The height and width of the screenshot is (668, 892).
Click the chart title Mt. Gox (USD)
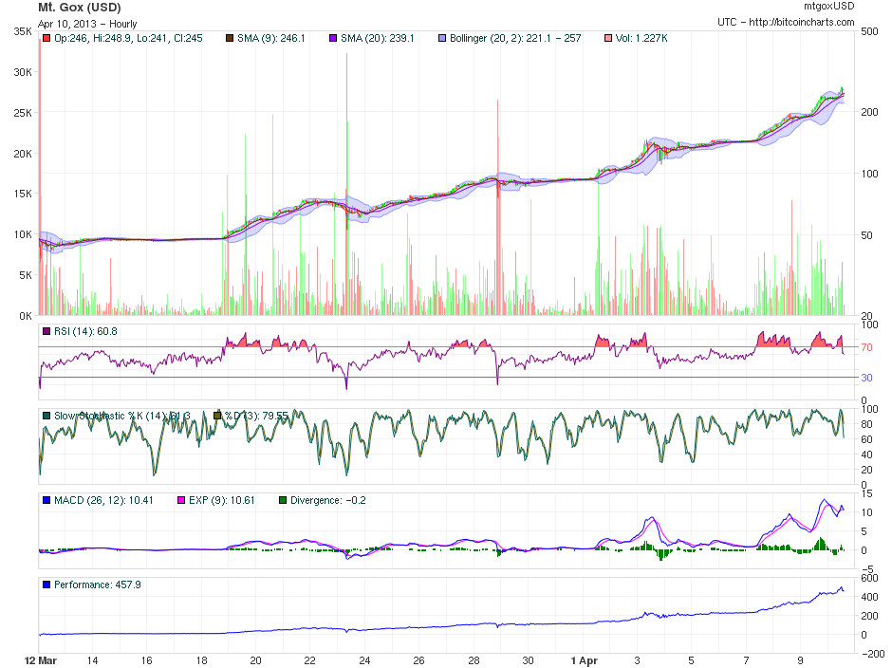pyautogui.click(x=79, y=8)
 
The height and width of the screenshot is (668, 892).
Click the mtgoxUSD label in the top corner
pyautogui.click(x=828, y=6)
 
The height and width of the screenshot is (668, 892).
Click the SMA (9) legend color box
pyautogui.click(x=228, y=39)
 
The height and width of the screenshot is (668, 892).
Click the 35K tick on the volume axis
pyautogui.click(x=22, y=31)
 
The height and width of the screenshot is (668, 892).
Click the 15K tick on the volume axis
pyautogui.click(x=22, y=194)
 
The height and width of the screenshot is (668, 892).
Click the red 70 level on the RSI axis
pyautogui.click(x=865, y=348)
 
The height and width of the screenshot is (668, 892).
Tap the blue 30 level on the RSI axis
pyautogui.click(x=865, y=378)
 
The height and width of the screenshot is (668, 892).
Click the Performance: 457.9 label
pyautogui.click(x=97, y=584)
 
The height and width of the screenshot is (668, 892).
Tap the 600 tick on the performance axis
pyautogui.click(x=868, y=578)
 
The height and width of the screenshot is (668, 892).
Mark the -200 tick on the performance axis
pyautogui.click(x=871, y=654)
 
